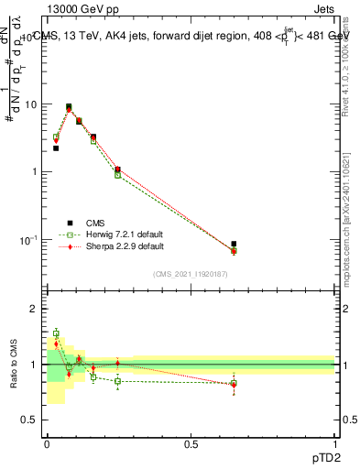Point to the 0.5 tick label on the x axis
click(191, 443)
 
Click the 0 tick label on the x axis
click(47, 443)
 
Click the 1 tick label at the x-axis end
click(335, 443)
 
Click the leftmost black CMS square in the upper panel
click(56, 147)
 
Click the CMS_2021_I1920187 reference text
click(191, 273)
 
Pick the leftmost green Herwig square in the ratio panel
click(56, 333)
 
